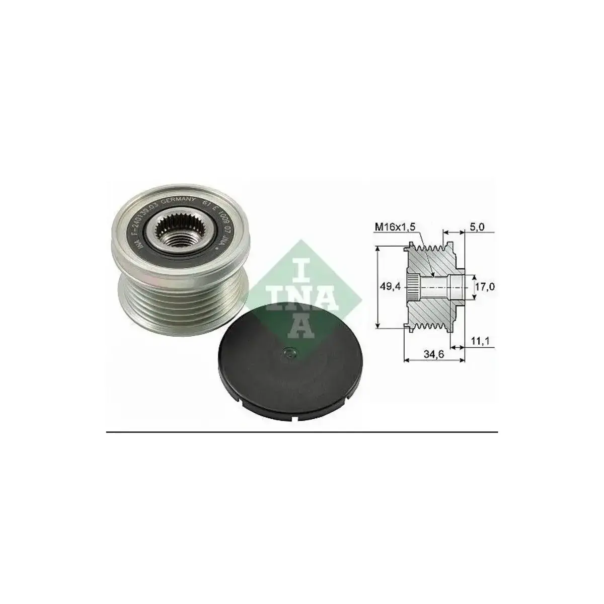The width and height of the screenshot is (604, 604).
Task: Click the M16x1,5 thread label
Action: point(396,227)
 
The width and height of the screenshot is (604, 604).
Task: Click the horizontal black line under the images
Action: point(302,432)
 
